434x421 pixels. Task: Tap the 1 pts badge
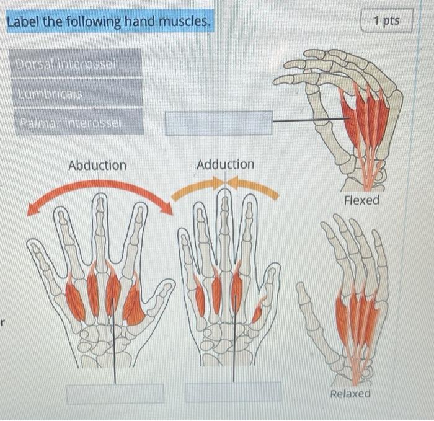387,21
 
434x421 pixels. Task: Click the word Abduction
97,166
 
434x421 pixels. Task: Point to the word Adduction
225,164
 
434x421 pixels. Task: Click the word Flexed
361,200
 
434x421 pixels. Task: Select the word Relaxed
350,394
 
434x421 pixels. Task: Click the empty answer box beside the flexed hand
218,122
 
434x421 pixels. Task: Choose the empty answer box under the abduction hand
115,393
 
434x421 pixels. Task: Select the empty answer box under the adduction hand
233,391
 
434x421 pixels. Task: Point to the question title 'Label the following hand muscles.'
108,22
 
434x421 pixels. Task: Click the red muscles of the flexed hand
366,118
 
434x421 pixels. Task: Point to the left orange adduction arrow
197,188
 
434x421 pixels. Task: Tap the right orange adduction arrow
254,187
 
